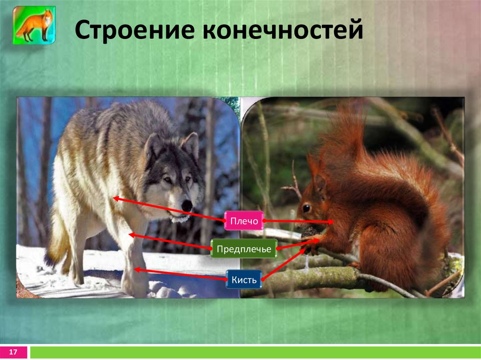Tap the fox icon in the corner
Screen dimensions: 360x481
[x=34, y=25]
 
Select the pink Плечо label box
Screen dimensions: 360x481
[x=243, y=221]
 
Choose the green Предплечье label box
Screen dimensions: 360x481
[x=243, y=249]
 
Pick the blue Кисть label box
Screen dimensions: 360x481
[x=243, y=280]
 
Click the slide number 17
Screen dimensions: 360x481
[x=14, y=352]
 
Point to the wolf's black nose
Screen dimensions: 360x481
[x=187, y=205]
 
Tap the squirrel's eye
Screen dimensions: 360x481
[x=306, y=207]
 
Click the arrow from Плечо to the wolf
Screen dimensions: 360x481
[x=169, y=209]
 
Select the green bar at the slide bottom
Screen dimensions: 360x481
[x=254, y=352]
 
